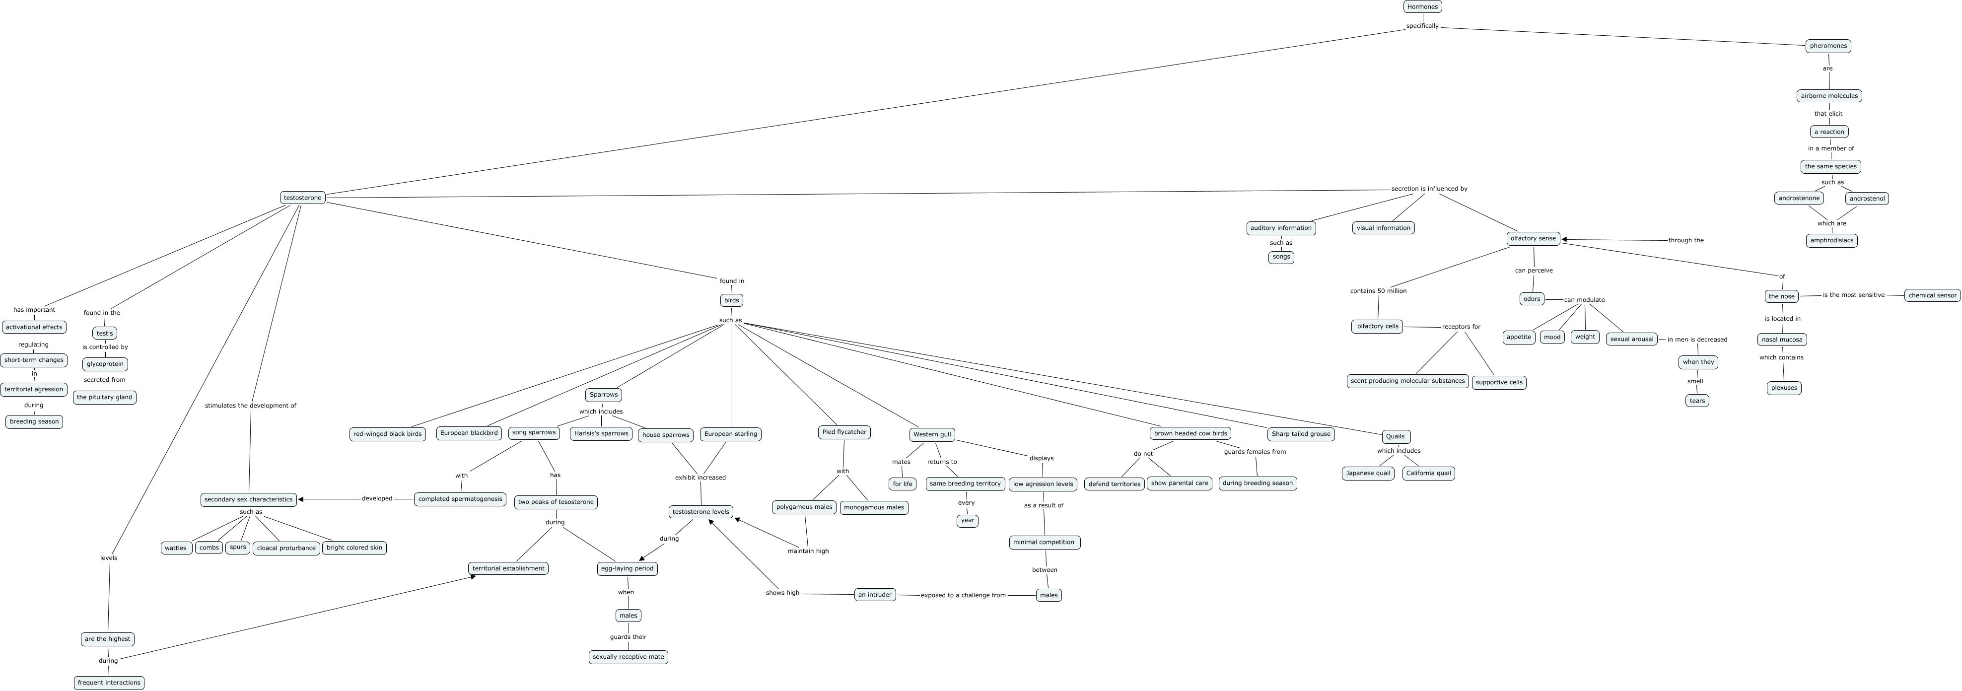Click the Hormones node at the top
[x=1422, y=7]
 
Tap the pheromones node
[x=1828, y=46]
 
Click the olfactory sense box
[x=1533, y=238]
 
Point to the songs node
[x=1281, y=257]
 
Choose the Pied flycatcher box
[x=844, y=432]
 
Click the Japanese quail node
[x=1368, y=473]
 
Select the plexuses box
[x=1784, y=388]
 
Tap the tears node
[x=1697, y=401]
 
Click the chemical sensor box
[x=1932, y=295]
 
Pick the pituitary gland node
[x=104, y=397]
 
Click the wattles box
[x=176, y=548]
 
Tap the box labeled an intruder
[x=874, y=595]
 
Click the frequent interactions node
[x=109, y=683]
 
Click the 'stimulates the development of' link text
[x=251, y=405]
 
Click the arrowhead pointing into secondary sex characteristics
[x=302, y=500]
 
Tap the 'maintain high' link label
[x=808, y=551]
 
